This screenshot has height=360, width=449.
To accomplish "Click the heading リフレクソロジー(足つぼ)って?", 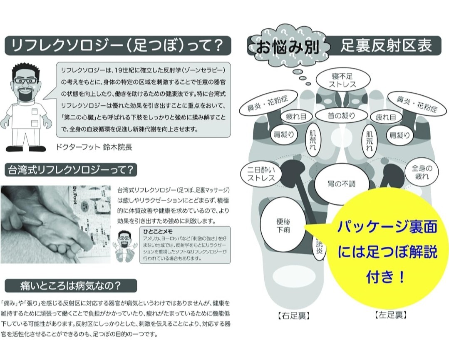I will (x=117, y=45).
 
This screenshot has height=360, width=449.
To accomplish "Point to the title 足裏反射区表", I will (x=386, y=45).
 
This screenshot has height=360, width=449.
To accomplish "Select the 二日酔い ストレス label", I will (x=261, y=174).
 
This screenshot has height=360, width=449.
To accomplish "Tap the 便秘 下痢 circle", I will (x=283, y=225).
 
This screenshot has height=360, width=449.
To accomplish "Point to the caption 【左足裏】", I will (x=390, y=315).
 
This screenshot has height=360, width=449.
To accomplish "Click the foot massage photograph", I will (x=55, y=224).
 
